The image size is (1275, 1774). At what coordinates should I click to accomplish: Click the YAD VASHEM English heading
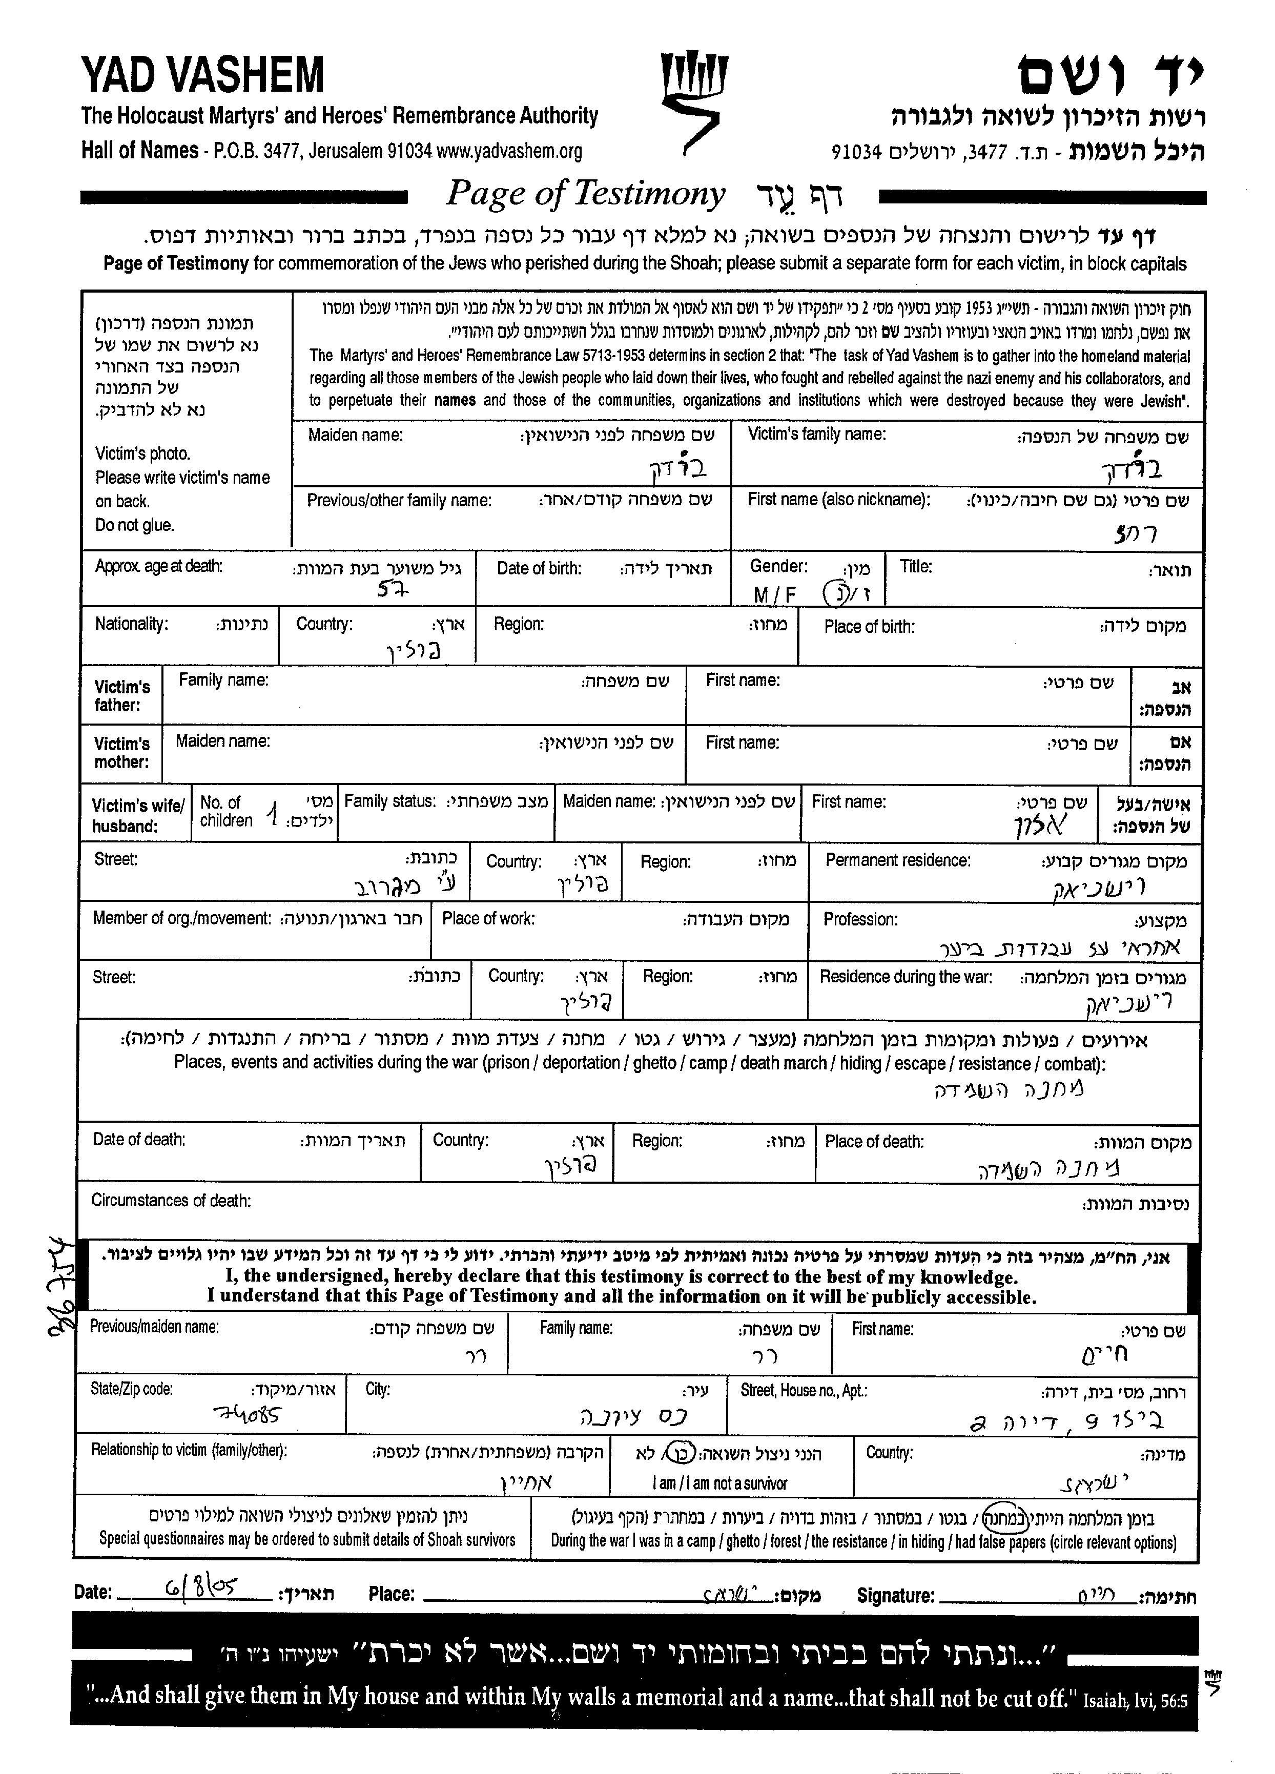202,76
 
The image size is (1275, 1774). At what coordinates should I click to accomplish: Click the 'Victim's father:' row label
122,695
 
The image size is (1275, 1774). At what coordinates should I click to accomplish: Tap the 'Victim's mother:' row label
121,752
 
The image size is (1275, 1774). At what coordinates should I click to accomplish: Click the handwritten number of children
272,817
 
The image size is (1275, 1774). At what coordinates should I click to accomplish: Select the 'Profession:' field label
860,919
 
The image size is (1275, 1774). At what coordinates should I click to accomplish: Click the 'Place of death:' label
874,1142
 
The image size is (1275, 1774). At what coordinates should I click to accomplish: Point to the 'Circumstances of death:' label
171,1201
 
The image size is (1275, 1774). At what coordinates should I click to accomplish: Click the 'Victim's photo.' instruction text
142,453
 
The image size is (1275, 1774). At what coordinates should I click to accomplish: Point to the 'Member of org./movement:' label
181,918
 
